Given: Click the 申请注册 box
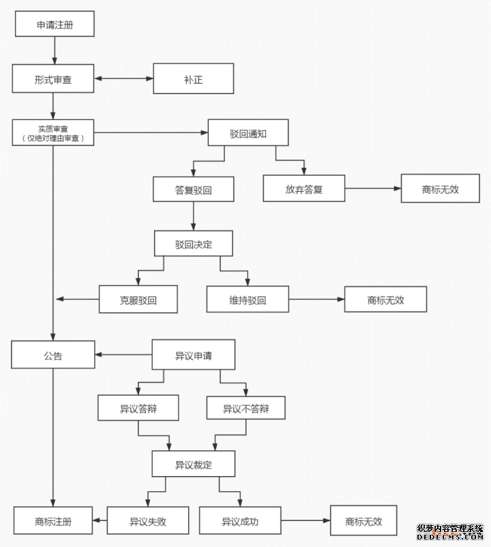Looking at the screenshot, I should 55,25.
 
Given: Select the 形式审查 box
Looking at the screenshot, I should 53,79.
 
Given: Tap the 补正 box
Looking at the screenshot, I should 193,79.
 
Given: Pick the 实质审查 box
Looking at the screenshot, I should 53,133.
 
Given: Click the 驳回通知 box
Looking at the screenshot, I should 248,133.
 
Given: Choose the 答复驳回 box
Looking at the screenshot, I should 193,190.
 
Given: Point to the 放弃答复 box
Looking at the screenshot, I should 303,189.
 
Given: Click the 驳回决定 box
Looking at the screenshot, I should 193,244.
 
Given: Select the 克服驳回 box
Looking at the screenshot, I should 138,299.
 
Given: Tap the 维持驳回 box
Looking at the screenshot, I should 248,299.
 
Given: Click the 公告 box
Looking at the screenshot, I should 53,355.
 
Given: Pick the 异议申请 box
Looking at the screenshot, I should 193,355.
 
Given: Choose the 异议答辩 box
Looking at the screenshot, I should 138,409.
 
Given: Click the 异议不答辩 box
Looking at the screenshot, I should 245,409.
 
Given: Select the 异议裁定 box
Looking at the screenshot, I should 193,464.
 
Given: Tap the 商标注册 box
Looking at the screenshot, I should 53,521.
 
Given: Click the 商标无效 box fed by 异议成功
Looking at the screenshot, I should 363,521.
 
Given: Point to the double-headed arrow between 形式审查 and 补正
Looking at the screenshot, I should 123,79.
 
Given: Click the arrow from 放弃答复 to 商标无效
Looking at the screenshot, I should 372,189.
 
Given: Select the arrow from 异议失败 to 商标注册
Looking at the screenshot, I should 101,521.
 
